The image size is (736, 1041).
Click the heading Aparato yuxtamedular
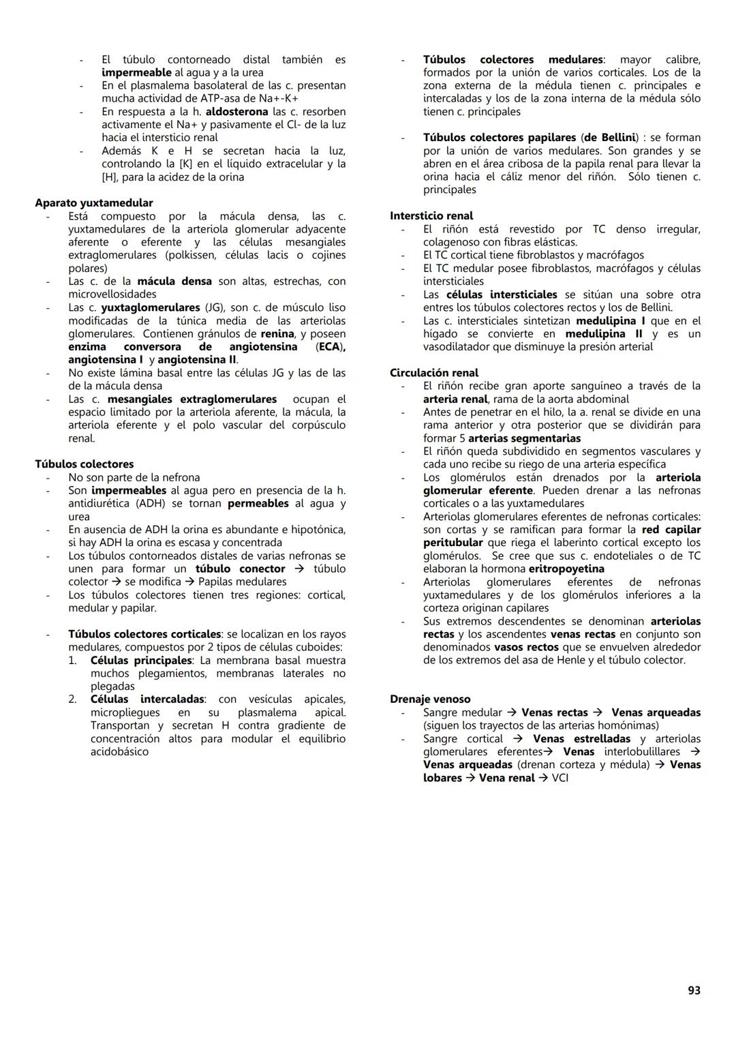[x=94, y=202]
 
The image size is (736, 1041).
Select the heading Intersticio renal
[x=431, y=215]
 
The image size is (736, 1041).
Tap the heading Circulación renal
[x=434, y=373]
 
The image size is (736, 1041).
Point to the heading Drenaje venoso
[x=430, y=699]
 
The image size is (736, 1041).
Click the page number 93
[x=694, y=990]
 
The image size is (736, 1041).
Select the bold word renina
[x=277, y=333]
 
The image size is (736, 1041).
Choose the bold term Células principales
[x=141, y=660]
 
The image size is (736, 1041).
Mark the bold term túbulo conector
[x=240, y=569]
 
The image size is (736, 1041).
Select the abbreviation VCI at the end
[x=560, y=778]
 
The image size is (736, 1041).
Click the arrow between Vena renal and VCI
[x=543, y=778]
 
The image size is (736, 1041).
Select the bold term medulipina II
[x=604, y=333]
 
